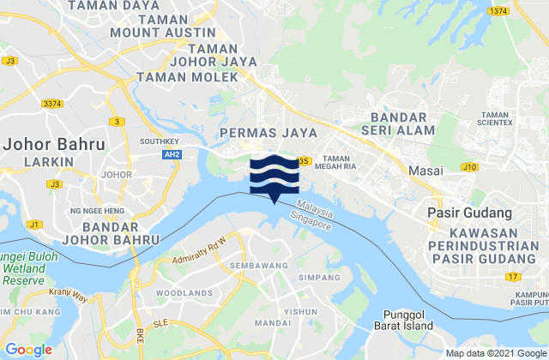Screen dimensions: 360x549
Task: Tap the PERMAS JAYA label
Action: pos(268,133)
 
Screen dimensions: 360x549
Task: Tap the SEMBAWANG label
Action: pos(258,267)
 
